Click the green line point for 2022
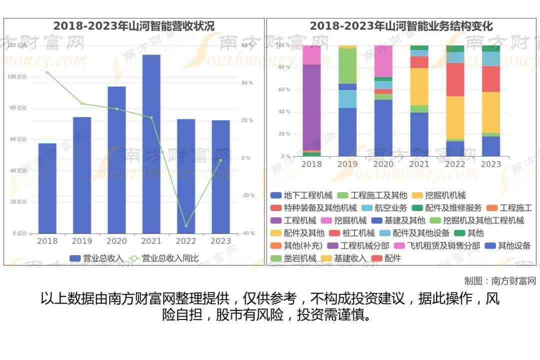pos(186,226)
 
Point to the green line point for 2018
pos(47,72)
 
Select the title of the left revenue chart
pos(134,26)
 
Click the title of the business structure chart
pos(401,26)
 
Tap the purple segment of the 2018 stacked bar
pos(311,107)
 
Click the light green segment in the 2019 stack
pos(347,65)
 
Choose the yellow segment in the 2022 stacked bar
pos(455,117)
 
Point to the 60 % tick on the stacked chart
pos(284,90)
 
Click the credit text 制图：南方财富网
pos(500,281)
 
